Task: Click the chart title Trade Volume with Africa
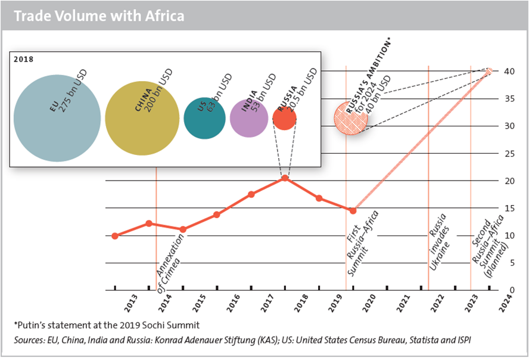[99, 16]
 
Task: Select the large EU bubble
[57, 118]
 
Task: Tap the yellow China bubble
[142, 118]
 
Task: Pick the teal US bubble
[204, 118]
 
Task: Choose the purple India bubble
[249, 118]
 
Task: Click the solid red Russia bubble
[284, 118]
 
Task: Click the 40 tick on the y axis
[508, 72]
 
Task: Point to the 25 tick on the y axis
[508, 154]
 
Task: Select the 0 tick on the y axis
[508, 290]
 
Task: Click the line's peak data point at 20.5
[285, 178]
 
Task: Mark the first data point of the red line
[115, 236]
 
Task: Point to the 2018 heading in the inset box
[24, 59]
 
